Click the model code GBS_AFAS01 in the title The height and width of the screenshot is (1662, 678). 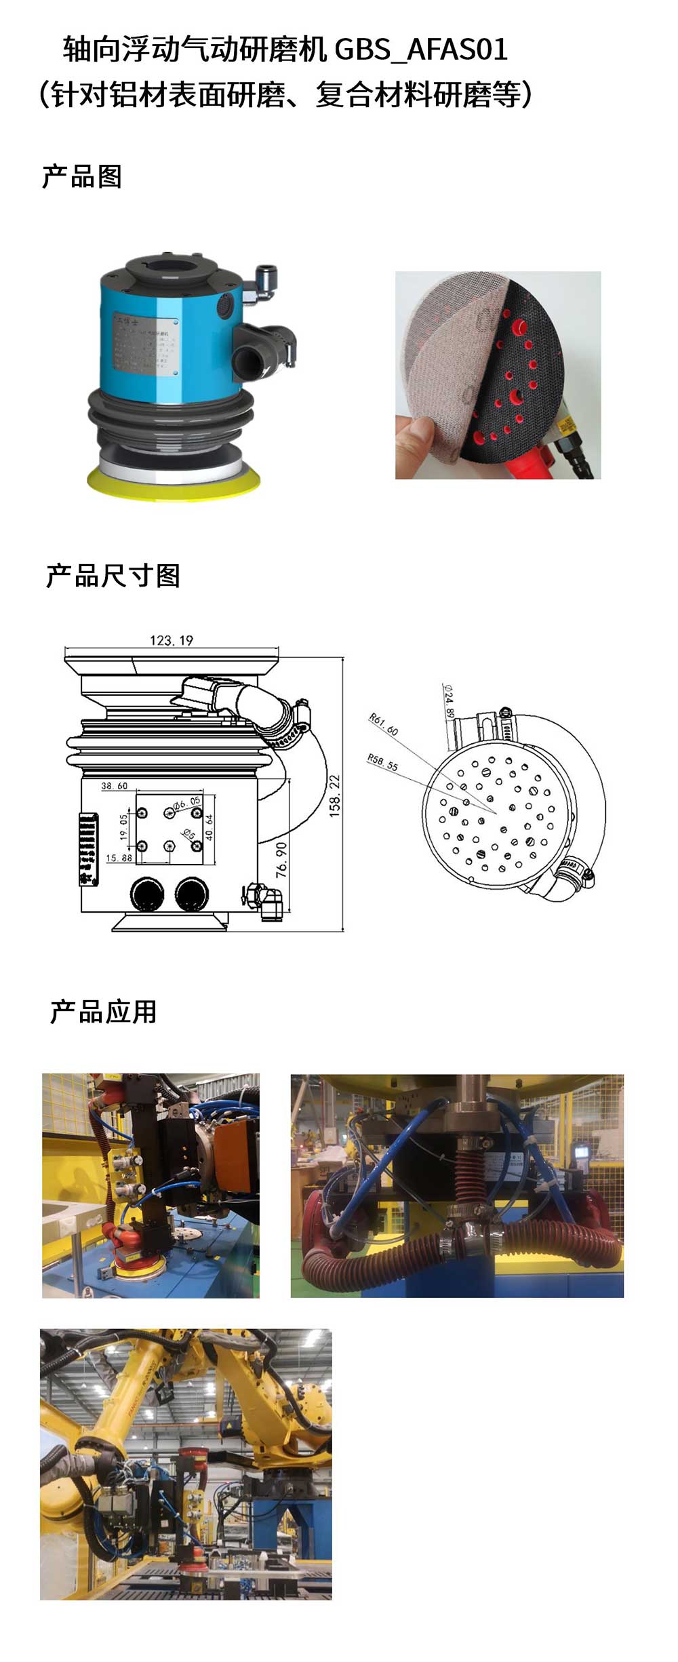point(421,50)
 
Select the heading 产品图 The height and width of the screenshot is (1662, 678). point(81,177)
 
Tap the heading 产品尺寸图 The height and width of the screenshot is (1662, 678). point(113,576)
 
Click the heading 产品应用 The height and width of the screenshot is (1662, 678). point(103,1012)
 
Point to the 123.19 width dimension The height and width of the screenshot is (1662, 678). point(171,640)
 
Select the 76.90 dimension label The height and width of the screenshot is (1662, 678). point(281,859)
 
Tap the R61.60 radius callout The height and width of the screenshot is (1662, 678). point(383,724)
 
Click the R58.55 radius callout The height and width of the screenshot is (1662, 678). point(382,762)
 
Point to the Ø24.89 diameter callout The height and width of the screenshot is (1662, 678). point(449,700)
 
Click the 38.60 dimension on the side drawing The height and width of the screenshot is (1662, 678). point(114,786)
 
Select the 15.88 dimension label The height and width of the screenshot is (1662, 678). point(118,858)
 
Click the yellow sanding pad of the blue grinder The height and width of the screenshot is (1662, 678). point(174,481)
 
